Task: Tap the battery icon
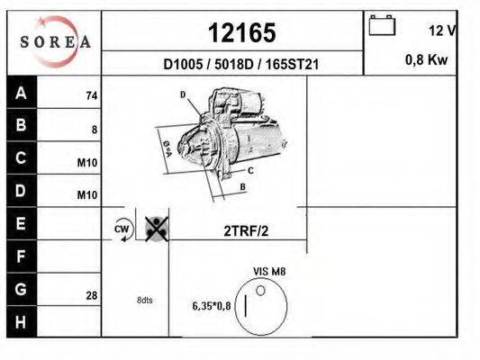click(382, 26)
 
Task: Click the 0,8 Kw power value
click(429, 61)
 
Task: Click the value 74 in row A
click(91, 95)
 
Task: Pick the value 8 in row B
click(94, 129)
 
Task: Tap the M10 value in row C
click(87, 162)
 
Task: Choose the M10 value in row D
click(87, 194)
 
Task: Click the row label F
click(22, 258)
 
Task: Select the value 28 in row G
click(91, 293)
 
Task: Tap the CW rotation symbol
click(122, 229)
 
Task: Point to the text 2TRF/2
click(246, 230)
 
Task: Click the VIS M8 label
click(269, 270)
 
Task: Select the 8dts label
click(145, 300)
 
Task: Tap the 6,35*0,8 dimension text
click(212, 305)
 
